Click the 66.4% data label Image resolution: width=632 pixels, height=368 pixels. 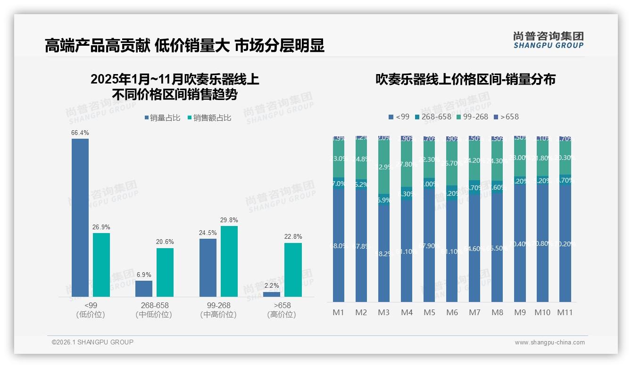[x=80, y=133]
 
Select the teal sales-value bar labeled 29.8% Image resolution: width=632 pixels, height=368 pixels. [x=229, y=261]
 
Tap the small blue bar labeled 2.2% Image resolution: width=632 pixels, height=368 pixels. [x=271, y=294]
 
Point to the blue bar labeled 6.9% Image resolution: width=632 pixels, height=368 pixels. [x=144, y=289]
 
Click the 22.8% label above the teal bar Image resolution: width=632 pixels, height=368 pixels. [x=293, y=236]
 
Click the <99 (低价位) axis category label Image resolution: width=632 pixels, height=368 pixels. [x=90, y=310]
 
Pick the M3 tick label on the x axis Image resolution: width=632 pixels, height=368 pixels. [x=384, y=312]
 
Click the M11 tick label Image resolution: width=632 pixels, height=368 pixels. [x=565, y=312]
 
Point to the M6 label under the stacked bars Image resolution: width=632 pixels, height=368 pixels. [x=452, y=312]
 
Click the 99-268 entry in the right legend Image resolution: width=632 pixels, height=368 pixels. [x=472, y=117]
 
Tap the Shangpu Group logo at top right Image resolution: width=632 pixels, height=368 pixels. [x=549, y=40]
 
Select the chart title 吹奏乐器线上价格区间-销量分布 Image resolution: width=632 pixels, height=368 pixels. [x=465, y=79]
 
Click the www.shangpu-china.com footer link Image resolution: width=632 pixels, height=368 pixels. [x=549, y=342]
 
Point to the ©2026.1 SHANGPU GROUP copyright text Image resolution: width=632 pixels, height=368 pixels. [x=92, y=342]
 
